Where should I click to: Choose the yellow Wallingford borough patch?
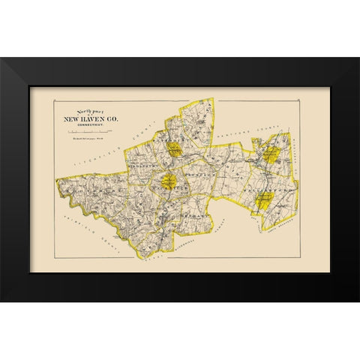[264, 199]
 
